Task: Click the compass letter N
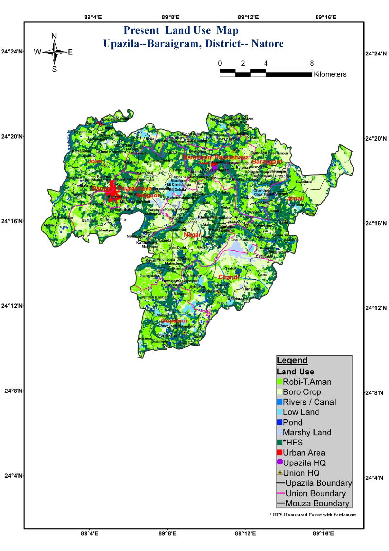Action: click(x=54, y=36)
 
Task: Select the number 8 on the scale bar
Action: click(x=312, y=63)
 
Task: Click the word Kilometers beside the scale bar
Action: click(x=330, y=74)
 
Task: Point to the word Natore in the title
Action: click(x=267, y=44)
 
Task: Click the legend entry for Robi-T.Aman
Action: click(x=307, y=382)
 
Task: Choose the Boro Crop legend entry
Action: click(x=302, y=392)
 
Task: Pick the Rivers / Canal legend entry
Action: click(x=309, y=402)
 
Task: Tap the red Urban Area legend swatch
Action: click(x=280, y=453)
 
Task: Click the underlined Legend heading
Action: click(x=292, y=361)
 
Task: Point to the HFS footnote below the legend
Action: click(x=313, y=515)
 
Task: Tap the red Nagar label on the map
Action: click(x=193, y=235)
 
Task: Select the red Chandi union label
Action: click(x=229, y=277)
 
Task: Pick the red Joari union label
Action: click(x=94, y=161)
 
